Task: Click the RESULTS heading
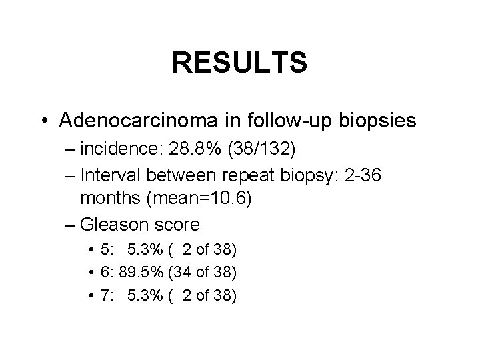[x=239, y=63]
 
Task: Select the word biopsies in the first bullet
[x=377, y=121]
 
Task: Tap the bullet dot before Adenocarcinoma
[x=45, y=121]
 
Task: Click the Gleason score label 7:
[x=105, y=295]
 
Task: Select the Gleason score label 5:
[x=105, y=250]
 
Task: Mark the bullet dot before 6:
[x=90, y=273]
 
